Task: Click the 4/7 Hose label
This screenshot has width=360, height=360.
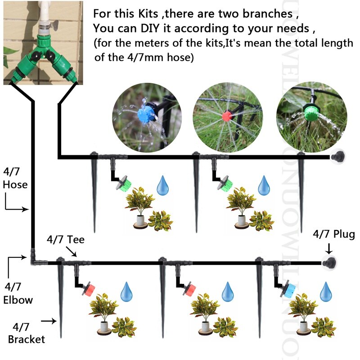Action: pyautogui.click(x=15, y=178)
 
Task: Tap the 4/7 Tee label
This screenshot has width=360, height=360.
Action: pyautogui.click(x=66, y=240)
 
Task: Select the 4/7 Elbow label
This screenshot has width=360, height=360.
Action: pyautogui.click(x=18, y=293)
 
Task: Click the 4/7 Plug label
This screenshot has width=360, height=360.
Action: pyautogui.click(x=334, y=234)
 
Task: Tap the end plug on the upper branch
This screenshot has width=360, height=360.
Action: pyautogui.click(x=337, y=157)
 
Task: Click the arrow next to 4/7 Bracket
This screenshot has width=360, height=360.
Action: pyautogui.click(x=48, y=321)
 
